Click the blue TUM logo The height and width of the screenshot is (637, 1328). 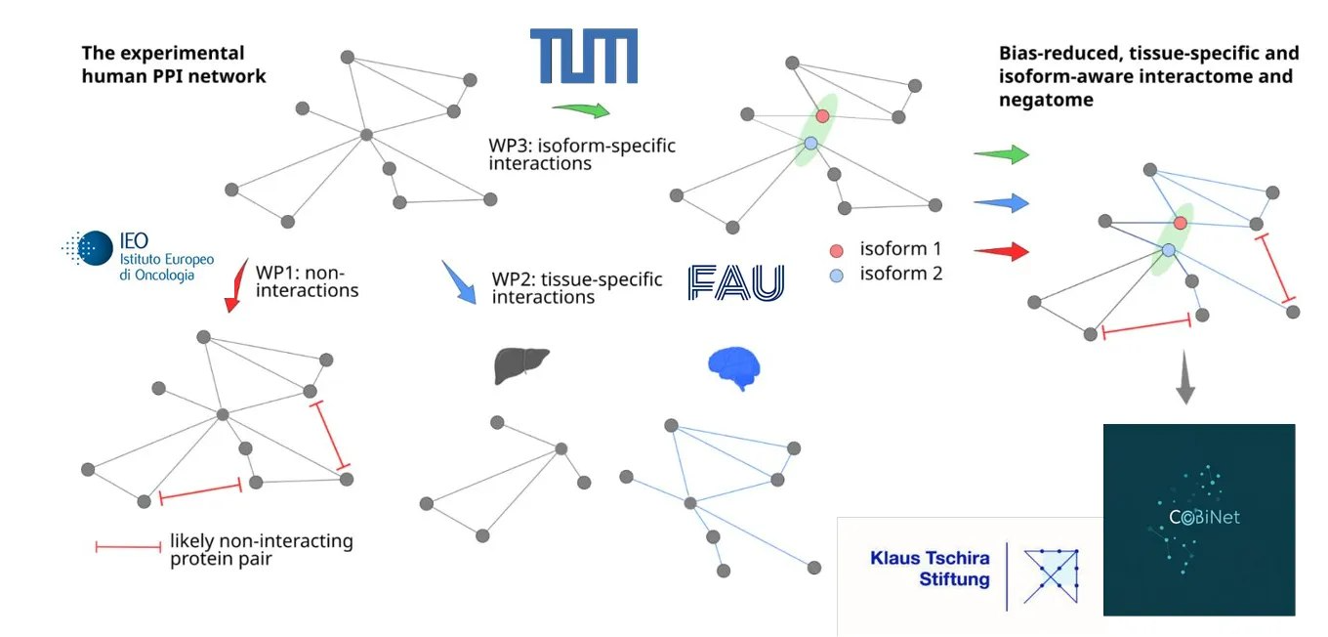click(x=583, y=56)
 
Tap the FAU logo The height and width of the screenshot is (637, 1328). click(x=735, y=282)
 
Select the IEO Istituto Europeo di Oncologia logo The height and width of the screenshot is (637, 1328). click(x=138, y=256)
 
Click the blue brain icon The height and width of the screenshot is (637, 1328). click(x=734, y=368)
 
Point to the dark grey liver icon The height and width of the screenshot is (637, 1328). click(x=521, y=364)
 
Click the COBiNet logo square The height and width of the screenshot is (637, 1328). click(x=1199, y=520)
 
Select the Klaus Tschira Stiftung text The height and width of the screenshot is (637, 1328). click(x=931, y=569)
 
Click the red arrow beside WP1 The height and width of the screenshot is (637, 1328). click(x=236, y=285)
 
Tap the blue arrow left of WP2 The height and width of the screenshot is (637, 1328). click(x=459, y=282)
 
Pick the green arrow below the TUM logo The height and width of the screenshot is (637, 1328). click(x=581, y=109)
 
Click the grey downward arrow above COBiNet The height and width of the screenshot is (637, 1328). click(x=1185, y=377)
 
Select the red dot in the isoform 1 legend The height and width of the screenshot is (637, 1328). click(x=837, y=250)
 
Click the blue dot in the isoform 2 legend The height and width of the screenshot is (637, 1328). click(x=837, y=276)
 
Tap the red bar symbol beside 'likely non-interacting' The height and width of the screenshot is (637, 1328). click(x=128, y=547)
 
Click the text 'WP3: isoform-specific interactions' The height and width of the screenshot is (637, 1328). click(x=582, y=154)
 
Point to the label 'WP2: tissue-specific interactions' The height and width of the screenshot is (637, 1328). click(x=577, y=287)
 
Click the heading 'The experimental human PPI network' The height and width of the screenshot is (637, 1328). click(x=174, y=64)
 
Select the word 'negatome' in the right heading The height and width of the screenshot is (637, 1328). click(x=1046, y=100)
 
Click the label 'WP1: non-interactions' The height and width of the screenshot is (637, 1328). click(x=307, y=281)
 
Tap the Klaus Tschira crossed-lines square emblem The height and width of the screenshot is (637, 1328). click(x=1051, y=576)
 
